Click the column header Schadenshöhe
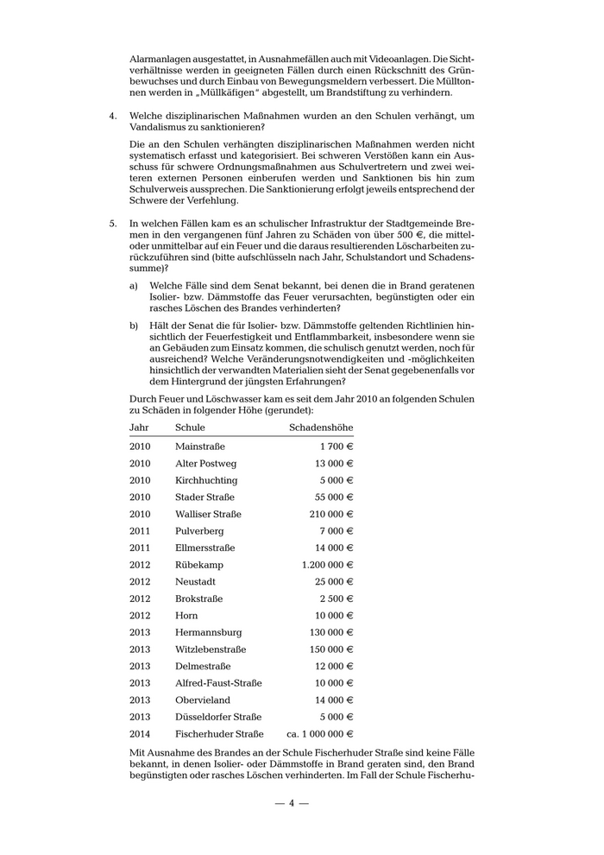[x=321, y=427]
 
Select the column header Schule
[x=190, y=427]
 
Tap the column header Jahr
[x=140, y=427]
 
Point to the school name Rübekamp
[x=198, y=565]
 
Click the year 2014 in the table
[x=140, y=734]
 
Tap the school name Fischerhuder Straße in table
[x=219, y=734]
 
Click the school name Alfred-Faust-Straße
[x=218, y=683]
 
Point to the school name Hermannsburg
[x=208, y=632]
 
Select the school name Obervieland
[x=204, y=700]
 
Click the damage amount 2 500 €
[x=337, y=598]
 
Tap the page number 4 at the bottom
[x=292, y=803]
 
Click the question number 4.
[x=113, y=116]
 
